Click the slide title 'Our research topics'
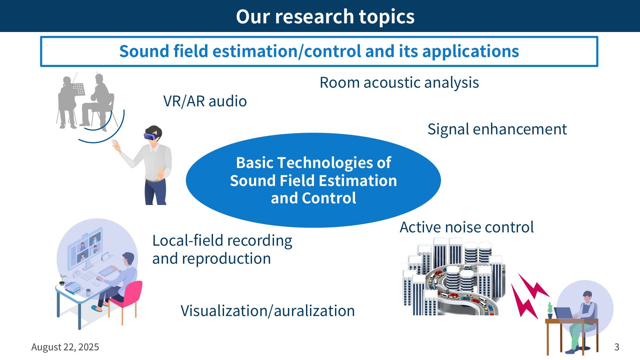point(325,16)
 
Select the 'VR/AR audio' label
point(205,101)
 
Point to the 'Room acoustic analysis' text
point(399,82)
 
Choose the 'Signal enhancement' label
point(497,129)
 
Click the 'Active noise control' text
point(466,227)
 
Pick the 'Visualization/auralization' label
point(268,311)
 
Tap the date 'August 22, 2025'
point(65,347)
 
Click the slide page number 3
point(617,347)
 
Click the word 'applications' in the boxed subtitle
point(470,51)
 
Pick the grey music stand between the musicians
point(79,89)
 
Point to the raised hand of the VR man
point(116,146)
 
